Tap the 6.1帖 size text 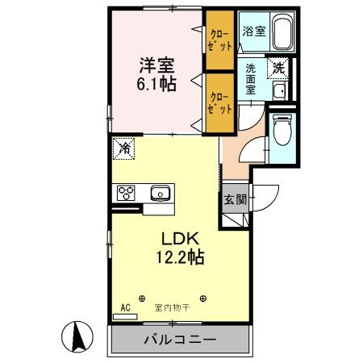click(154, 85)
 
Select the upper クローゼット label click(219, 40)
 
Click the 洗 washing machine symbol click(278, 68)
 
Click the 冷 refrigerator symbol click(123, 148)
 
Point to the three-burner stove click(127, 193)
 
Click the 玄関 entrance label click(236, 199)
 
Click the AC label click(125, 307)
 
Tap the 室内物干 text click(172, 307)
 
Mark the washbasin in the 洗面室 click(277, 90)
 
